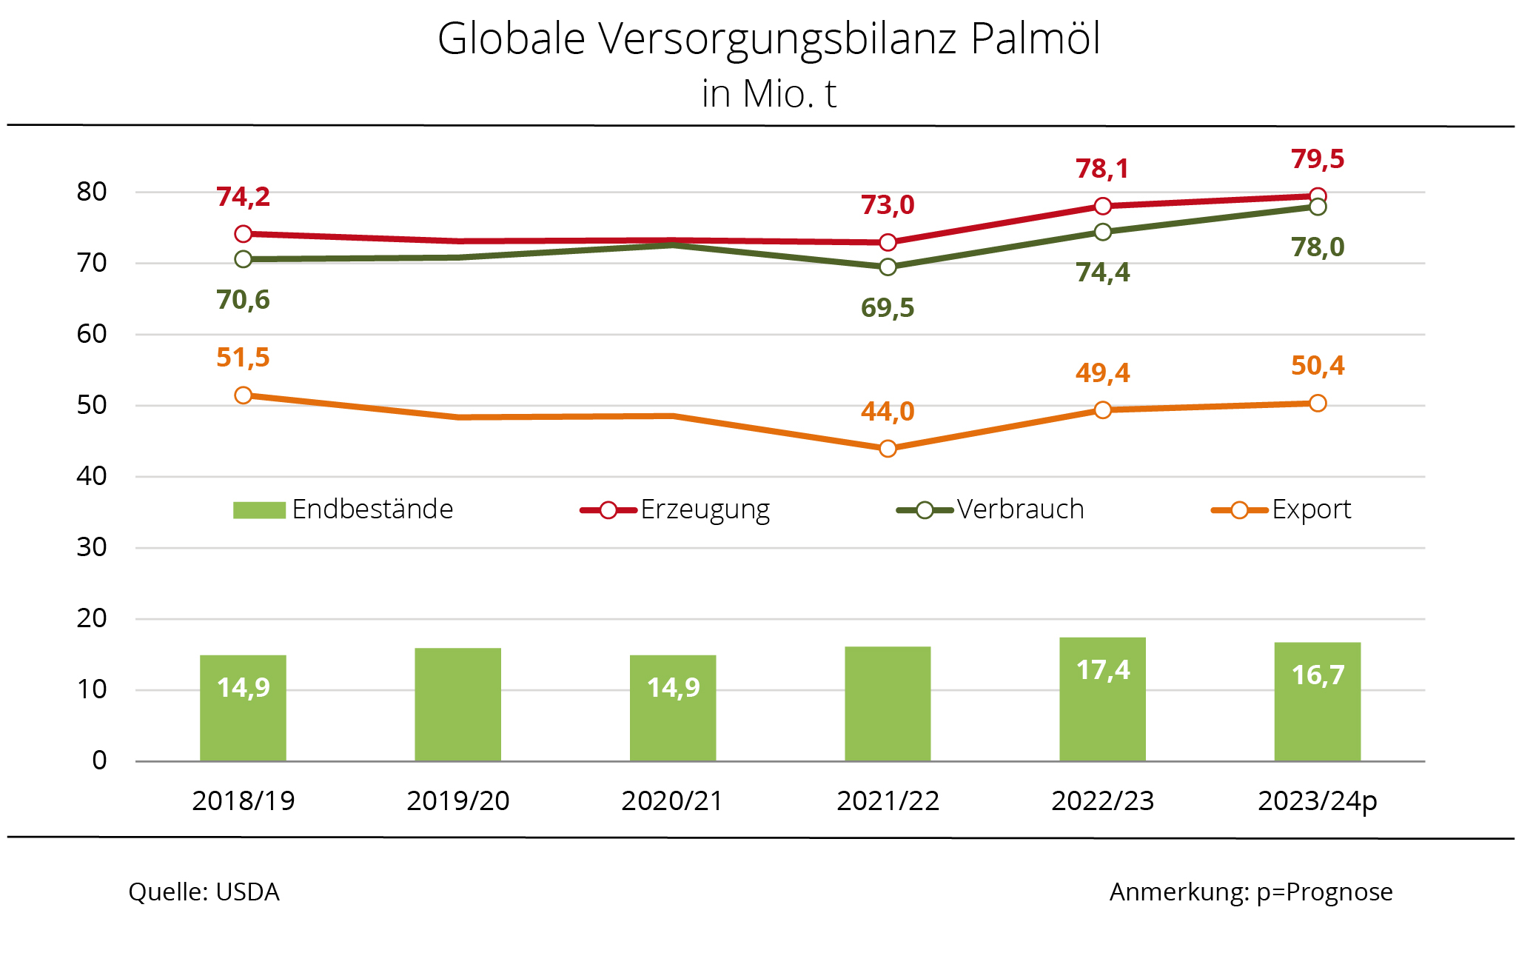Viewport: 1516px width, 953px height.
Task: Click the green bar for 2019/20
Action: point(457,704)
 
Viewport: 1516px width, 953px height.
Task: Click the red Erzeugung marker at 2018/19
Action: point(244,234)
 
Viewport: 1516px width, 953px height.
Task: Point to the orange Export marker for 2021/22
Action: point(888,449)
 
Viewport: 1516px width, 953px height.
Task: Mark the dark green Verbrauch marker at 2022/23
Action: point(1102,233)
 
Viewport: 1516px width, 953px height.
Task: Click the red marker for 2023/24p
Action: point(1318,196)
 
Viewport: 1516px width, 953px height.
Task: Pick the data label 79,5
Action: point(1318,159)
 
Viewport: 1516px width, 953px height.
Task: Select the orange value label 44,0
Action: point(888,411)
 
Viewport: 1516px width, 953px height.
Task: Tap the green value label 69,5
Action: point(888,307)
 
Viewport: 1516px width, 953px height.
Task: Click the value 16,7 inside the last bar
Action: point(1318,675)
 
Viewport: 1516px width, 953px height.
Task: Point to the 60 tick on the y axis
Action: point(92,334)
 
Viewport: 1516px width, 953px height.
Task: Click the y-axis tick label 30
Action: point(92,547)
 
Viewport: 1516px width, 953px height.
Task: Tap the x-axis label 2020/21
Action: point(672,800)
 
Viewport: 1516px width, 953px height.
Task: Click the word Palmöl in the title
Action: point(1035,39)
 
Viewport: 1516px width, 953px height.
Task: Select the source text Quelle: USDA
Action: point(204,892)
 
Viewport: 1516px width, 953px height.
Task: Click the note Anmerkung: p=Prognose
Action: point(1251,892)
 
